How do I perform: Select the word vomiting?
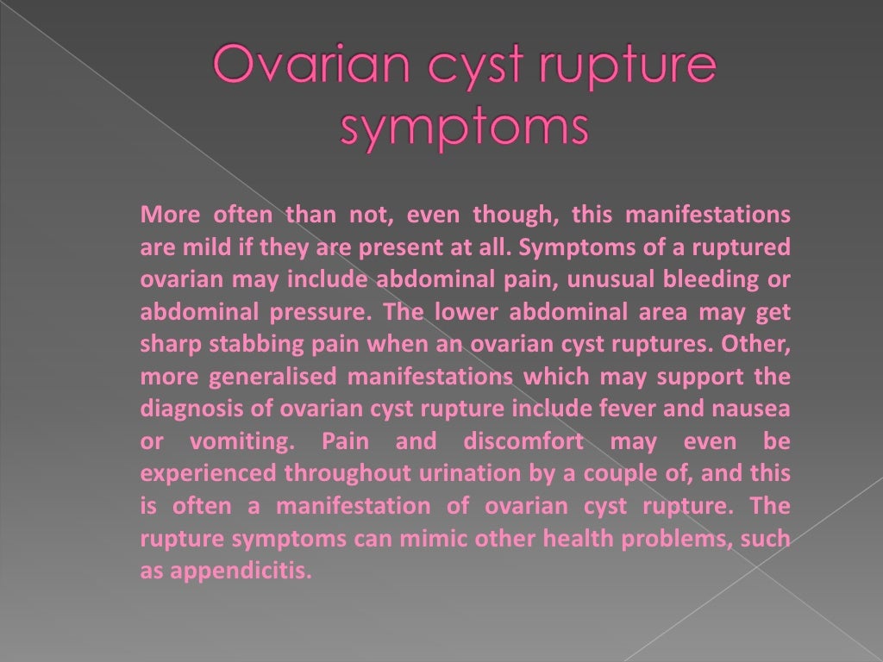(x=230, y=441)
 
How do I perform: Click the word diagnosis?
(x=181, y=409)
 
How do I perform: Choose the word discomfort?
(x=523, y=441)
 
